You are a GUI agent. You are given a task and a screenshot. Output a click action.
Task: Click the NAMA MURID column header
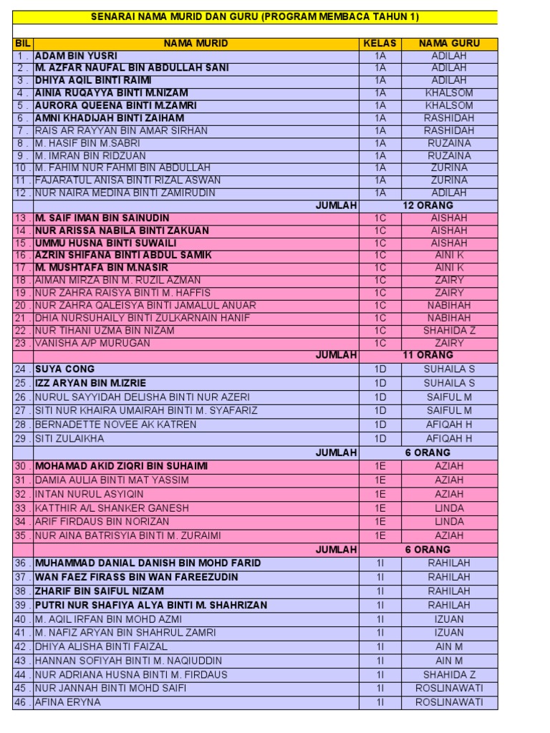point(196,44)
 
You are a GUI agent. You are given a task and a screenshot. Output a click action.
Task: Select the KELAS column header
point(380,44)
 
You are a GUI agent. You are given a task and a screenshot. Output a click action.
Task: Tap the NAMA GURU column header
point(449,44)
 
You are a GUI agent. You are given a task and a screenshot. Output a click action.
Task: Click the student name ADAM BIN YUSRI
point(76,56)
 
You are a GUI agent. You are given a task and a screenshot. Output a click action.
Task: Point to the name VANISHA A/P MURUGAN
point(92,343)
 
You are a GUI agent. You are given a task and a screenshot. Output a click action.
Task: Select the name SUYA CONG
point(64,369)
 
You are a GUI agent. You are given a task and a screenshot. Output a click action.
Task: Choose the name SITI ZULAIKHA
point(69,438)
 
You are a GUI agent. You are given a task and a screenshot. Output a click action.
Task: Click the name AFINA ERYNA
point(67,702)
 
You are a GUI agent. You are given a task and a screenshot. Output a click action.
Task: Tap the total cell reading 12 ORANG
point(428,205)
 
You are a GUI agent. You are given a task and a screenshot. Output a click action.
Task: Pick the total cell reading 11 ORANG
point(428,355)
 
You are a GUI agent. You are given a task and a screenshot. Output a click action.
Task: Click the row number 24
point(22,369)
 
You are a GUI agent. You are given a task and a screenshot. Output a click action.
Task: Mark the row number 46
point(22,702)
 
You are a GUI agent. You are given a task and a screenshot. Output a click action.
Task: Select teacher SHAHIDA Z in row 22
point(449,331)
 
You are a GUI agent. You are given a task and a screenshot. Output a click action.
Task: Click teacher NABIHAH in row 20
point(449,306)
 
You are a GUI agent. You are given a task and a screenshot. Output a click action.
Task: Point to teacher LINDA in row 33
point(449,508)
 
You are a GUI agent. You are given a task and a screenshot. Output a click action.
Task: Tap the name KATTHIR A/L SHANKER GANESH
point(112,508)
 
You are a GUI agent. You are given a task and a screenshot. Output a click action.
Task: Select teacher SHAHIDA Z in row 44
point(449,674)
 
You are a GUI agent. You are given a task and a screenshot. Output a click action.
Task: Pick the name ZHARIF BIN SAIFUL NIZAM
point(99,591)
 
